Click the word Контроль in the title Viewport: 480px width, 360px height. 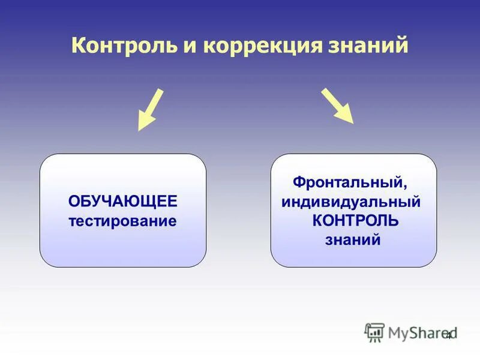pos(120,46)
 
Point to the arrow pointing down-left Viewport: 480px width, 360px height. pos(149,110)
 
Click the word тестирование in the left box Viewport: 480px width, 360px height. pos(123,221)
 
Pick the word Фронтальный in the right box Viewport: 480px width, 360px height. pos(349,181)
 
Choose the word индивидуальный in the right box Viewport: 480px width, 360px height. pos(351,201)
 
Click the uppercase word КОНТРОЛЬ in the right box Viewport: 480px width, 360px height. pos(355,221)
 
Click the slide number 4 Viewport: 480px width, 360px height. pos(448,335)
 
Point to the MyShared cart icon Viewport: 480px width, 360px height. pos(374,332)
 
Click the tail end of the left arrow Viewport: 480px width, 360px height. pos(160,91)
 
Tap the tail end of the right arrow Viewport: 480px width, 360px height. pos(324,91)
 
